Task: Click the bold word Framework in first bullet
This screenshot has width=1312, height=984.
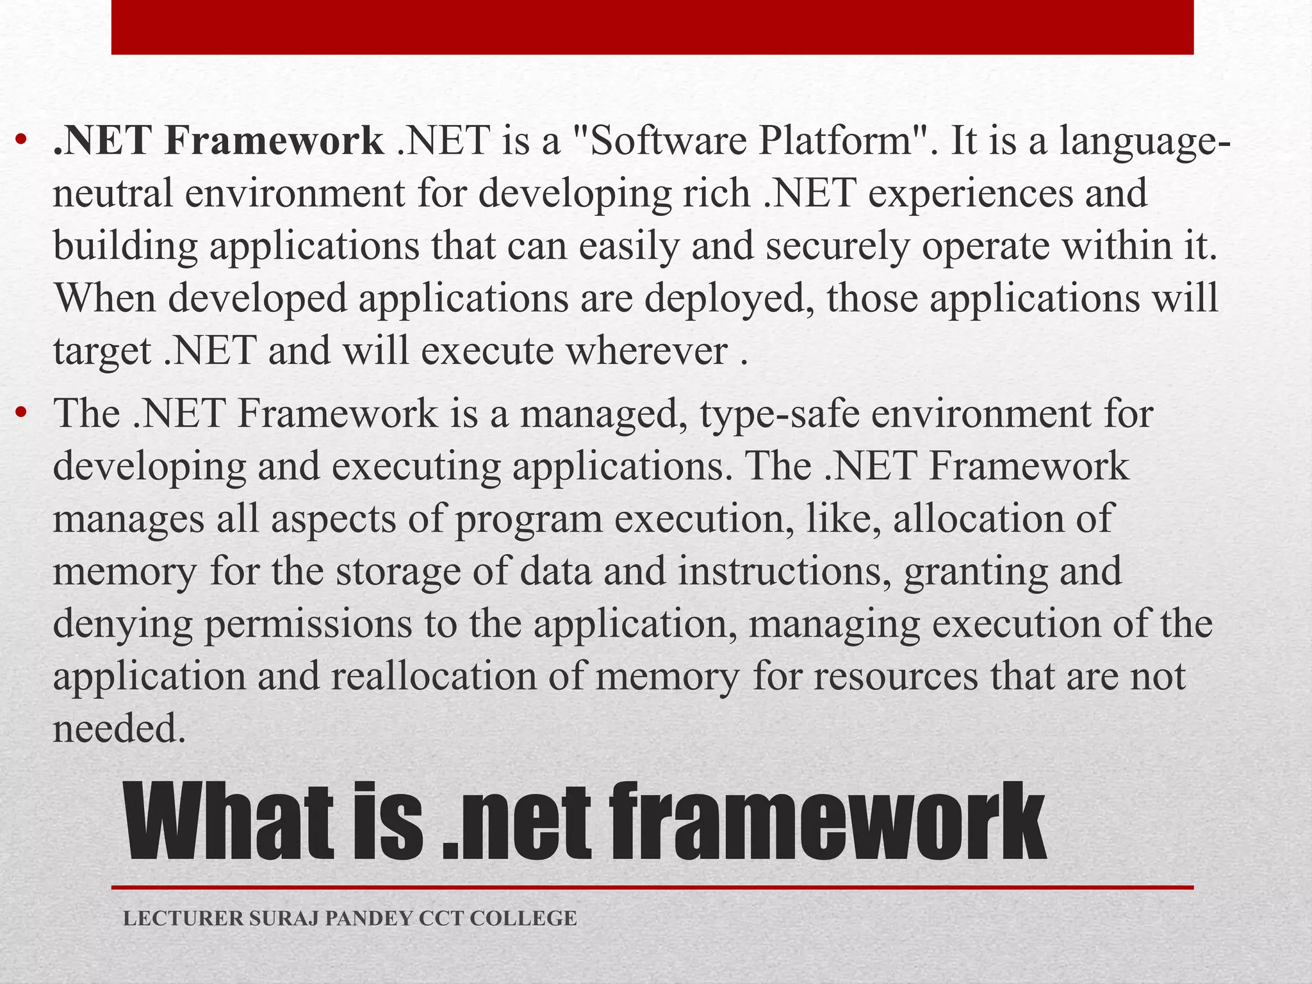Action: tap(274, 141)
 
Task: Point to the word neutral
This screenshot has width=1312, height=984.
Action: tap(113, 193)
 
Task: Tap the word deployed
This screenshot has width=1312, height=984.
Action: tap(730, 299)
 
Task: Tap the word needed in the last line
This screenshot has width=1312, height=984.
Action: tap(119, 729)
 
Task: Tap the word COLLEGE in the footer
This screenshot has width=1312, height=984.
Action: tap(523, 918)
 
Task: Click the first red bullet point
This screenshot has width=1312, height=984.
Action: tap(21, 140)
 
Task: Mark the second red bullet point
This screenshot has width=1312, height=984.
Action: tap(21, 413)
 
